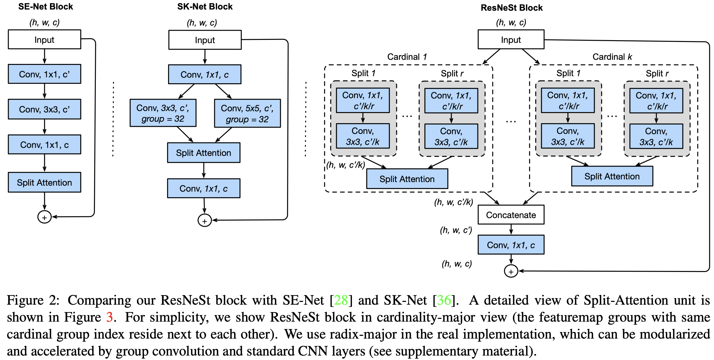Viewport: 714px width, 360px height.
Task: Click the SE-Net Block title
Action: coord(46,7)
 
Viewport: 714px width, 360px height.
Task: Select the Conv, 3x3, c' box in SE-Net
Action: coord(44,109)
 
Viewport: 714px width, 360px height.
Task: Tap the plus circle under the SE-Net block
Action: coord(44,217)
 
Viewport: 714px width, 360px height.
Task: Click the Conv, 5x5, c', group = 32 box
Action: coord(247,113)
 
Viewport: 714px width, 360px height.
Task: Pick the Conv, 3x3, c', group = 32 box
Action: coord(163,113)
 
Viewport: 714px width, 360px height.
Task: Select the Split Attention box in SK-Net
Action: coord(203,153)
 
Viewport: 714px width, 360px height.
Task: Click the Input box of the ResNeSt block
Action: coord(511,40)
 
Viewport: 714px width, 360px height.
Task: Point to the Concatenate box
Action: coord(511,215)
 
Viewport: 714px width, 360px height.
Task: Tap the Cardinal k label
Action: coord(612,57)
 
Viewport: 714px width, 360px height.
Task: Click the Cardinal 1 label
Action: coord(407,57)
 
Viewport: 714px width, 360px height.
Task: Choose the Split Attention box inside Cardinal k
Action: coord(612,176)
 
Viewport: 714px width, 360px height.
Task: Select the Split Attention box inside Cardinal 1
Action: coord(407,179)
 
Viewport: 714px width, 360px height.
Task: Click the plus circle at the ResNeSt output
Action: coord(511,271)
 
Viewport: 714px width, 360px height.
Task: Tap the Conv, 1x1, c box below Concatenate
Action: coord(511,245)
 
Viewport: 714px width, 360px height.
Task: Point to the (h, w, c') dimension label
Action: coord(456,230)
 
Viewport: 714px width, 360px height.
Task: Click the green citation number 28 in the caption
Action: coord(341,300)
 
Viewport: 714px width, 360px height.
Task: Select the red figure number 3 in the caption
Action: coord(109,317)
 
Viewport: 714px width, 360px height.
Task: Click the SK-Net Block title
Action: coord(205,7)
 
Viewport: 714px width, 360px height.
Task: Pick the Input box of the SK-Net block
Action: coord(205,40)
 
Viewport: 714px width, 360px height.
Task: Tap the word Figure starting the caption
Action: coord(25,300)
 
